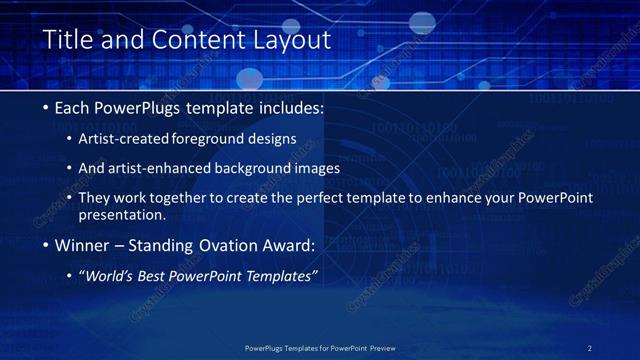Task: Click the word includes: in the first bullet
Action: (290, 107)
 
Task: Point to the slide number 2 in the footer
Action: (590, 347)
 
